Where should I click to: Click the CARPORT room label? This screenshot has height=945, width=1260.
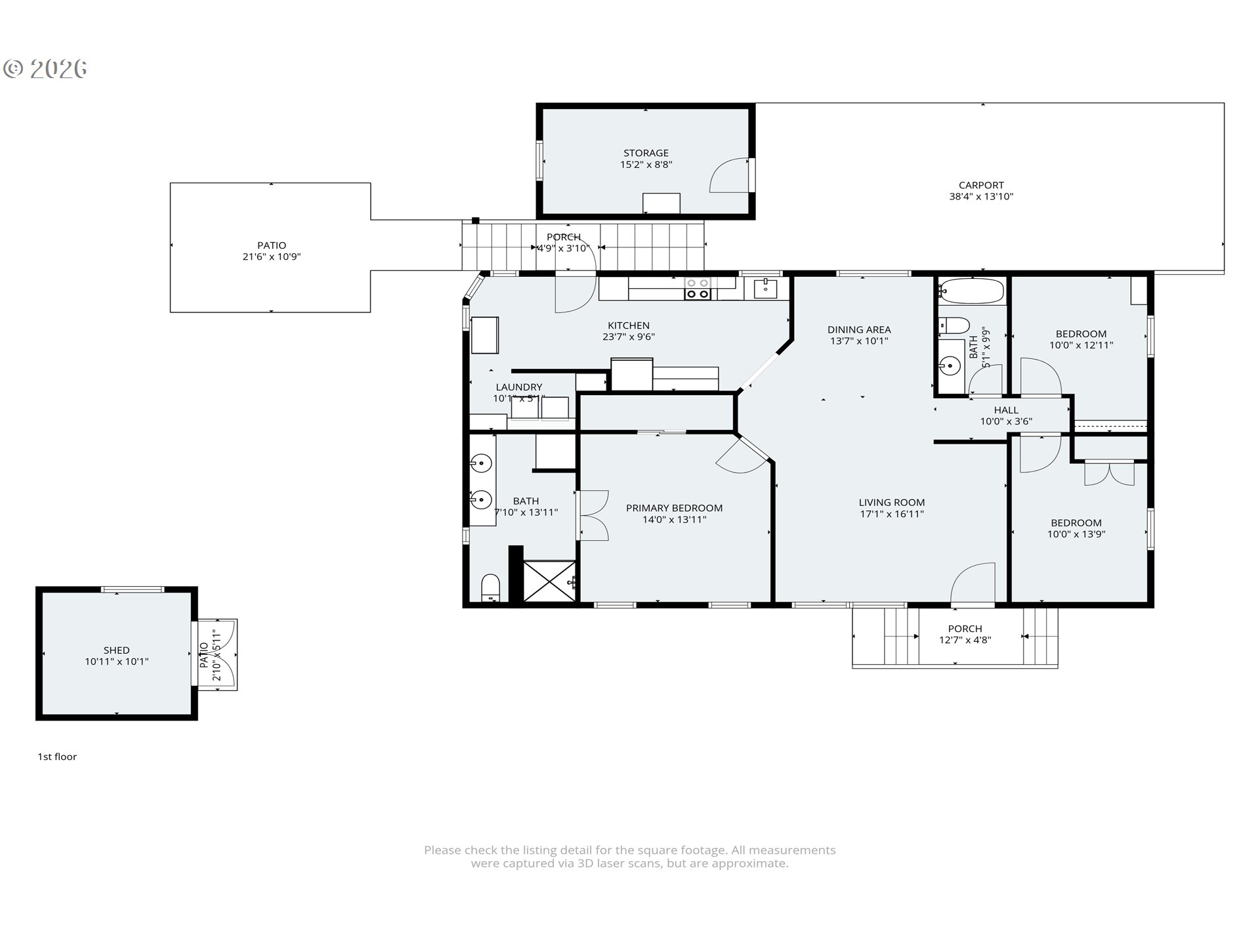981,185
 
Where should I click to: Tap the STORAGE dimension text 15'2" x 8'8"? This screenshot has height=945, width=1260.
646,165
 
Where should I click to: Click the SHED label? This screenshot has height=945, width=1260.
116,650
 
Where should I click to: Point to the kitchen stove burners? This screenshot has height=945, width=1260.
697,289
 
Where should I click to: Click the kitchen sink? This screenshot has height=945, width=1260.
765,287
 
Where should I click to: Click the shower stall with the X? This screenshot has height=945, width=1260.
550,580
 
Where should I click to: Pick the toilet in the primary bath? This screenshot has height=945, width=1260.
490,587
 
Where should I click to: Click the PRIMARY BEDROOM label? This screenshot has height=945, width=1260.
674,508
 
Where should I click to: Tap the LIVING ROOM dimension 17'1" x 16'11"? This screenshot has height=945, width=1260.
891,514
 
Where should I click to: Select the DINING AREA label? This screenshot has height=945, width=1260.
858,329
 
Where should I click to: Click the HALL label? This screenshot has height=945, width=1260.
1005,410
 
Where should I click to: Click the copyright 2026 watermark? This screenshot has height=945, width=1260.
45,68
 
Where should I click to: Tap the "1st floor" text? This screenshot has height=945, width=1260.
57,757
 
